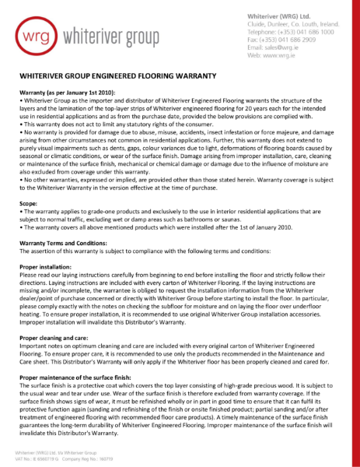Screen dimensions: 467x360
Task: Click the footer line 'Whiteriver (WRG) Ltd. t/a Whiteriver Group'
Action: tap(61, 451)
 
